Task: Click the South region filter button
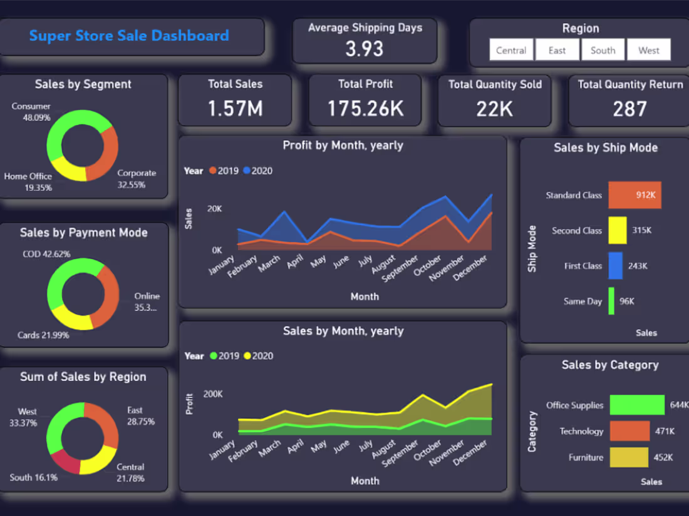click(x=603, y=50)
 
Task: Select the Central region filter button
click(x=511, y=50)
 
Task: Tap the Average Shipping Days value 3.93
click(x=365, y=48)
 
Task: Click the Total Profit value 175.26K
click(x=366, y=108)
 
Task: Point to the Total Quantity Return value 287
click(x=629, y=109)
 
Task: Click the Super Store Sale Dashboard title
click(x=129, y=36)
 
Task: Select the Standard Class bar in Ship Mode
click(x=635, y=195)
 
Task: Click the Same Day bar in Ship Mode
click(x=611, y=301)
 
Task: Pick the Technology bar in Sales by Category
click(x=629, y=431)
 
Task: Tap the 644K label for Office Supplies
click(x=678, y=405)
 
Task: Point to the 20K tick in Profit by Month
click(x=215, y=209)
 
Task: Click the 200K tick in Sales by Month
click(x=212, y=394)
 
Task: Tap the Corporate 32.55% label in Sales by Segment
click(x=137, y=179)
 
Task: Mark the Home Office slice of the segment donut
click(x=68, y=171)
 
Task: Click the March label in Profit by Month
click(x=269, y=263)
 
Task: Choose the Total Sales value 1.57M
click(x=235, y=108)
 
